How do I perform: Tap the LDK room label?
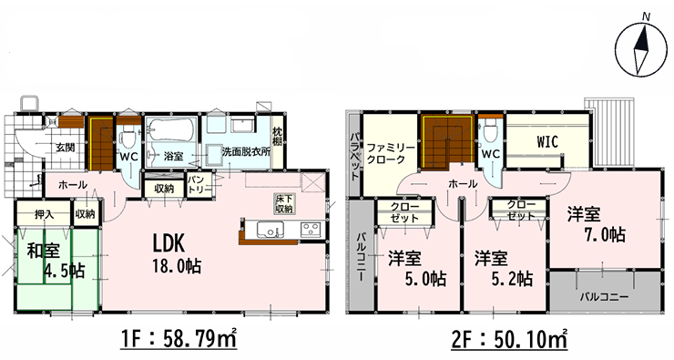pyautogui.click(x=168, y=243)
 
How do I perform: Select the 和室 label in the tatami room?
pyautogui.click(x=44, y=251)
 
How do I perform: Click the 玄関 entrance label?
pyautogui.click(x=65, y=148)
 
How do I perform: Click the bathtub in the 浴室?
pyautogui.click(x=171, y=129)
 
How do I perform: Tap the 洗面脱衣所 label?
pyautogui.click(x=246, y=152)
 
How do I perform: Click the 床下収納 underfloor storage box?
pyautogui.click(x=284, y=203)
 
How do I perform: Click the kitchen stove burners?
pyautogui.click(x=312, y=229)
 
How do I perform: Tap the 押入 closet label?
pyautogui.click(x=45, y=214)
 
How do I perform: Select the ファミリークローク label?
pyautogui.click(x=391, y=153)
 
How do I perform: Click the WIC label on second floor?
pyautogui.click(x=546, y=141)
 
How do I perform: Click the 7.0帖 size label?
pyautogui.click(x=605, y=235)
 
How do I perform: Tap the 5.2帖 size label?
pyautogui.click(x=512, y=279)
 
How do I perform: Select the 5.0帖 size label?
pyautogui.click(x=424, y=279)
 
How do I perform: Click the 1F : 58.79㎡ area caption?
pyautogui.click(x=177, y=340)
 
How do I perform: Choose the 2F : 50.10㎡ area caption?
pyautogui.click(x=509, y=340)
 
